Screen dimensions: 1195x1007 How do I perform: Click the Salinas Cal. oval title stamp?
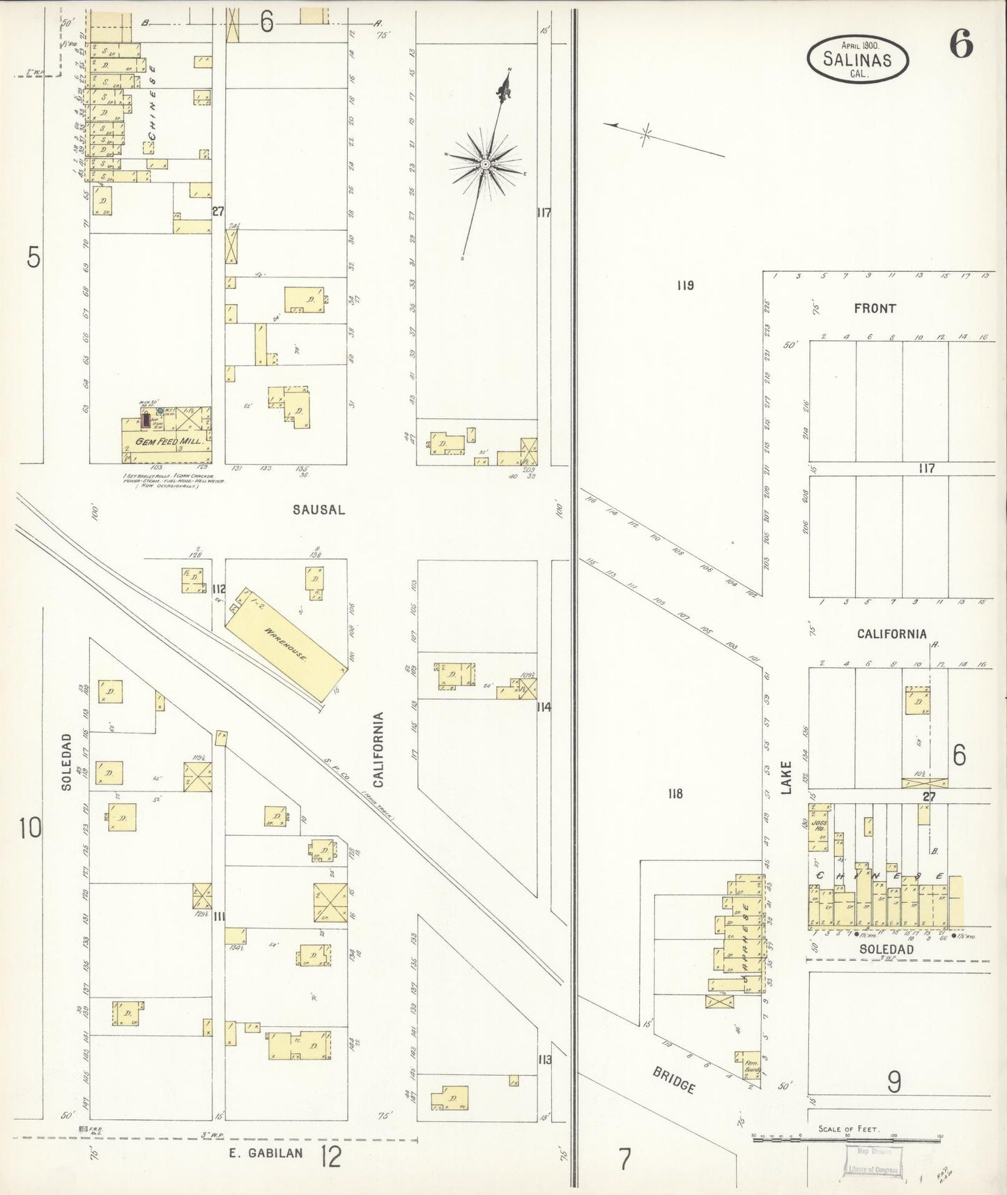pyautogui.click(x=857, y=59)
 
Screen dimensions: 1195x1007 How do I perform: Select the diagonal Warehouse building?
pyautogui.click(x=285, y=646)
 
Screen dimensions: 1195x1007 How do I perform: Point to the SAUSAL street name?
pyautogui.click(x=318, y=510)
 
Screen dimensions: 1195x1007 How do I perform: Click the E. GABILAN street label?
pyautogui.click(x=267, y=1152)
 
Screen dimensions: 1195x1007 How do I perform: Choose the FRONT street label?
pyautogui.click(x=875, y=308)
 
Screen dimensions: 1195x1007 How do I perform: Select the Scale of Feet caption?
pyautogui.click(x=849, y=1129)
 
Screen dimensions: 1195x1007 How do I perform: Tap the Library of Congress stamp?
pyautogui.click(x=873, y=1161)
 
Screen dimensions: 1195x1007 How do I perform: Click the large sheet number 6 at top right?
pyautogui.click(x=960, y=47)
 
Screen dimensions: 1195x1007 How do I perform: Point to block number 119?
pyautogui.click(x=684, y=285)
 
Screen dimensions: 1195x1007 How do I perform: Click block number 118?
pyautogui.click(x=675, y=793)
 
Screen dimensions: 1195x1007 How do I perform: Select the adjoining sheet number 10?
pyautogui.click(x=31, y=829)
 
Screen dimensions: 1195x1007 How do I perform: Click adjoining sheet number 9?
pyautogui.click(x=894, y=1082)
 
